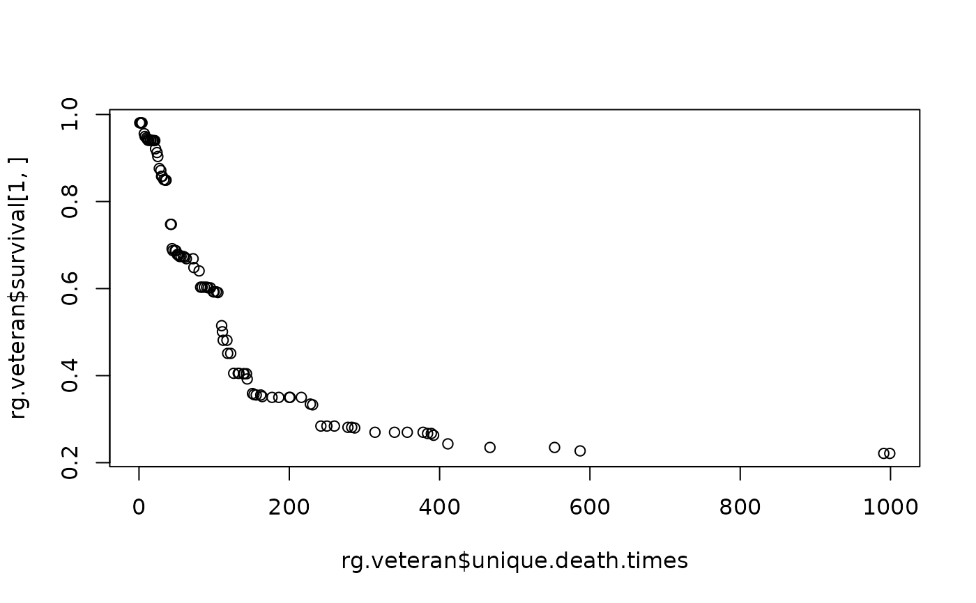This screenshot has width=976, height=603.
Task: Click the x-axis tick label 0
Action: point(139,507)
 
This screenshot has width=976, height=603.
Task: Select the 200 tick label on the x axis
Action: point(289,507)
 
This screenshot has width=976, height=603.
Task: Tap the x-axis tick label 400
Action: point(439,507)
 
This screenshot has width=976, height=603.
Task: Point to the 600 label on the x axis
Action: point(589,507)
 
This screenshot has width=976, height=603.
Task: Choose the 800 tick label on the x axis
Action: point(740,507)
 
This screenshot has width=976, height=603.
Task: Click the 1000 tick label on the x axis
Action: point(890,507)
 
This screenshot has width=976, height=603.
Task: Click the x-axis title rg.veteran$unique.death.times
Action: point(514,561)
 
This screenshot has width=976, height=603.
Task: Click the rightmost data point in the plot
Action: point(890,453)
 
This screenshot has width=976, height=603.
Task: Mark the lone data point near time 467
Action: point(489,447)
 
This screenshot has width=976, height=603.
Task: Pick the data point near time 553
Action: point(554,447)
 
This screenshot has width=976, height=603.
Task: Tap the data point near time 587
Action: point(580,451)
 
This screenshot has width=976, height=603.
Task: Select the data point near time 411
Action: point(448,444)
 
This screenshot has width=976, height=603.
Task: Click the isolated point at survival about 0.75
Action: point(171,224)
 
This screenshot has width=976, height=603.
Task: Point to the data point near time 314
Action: point(375,432)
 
